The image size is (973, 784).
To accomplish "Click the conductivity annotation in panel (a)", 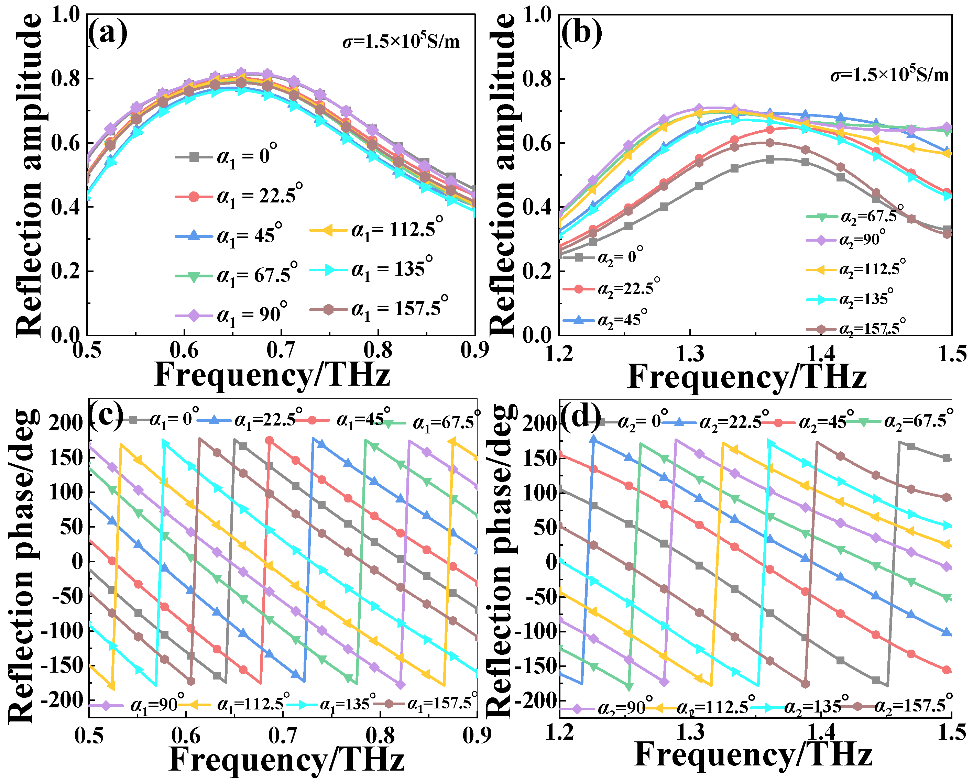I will [x=401, y=42].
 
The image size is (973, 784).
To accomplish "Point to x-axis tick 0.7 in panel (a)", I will [x=281, y=350].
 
